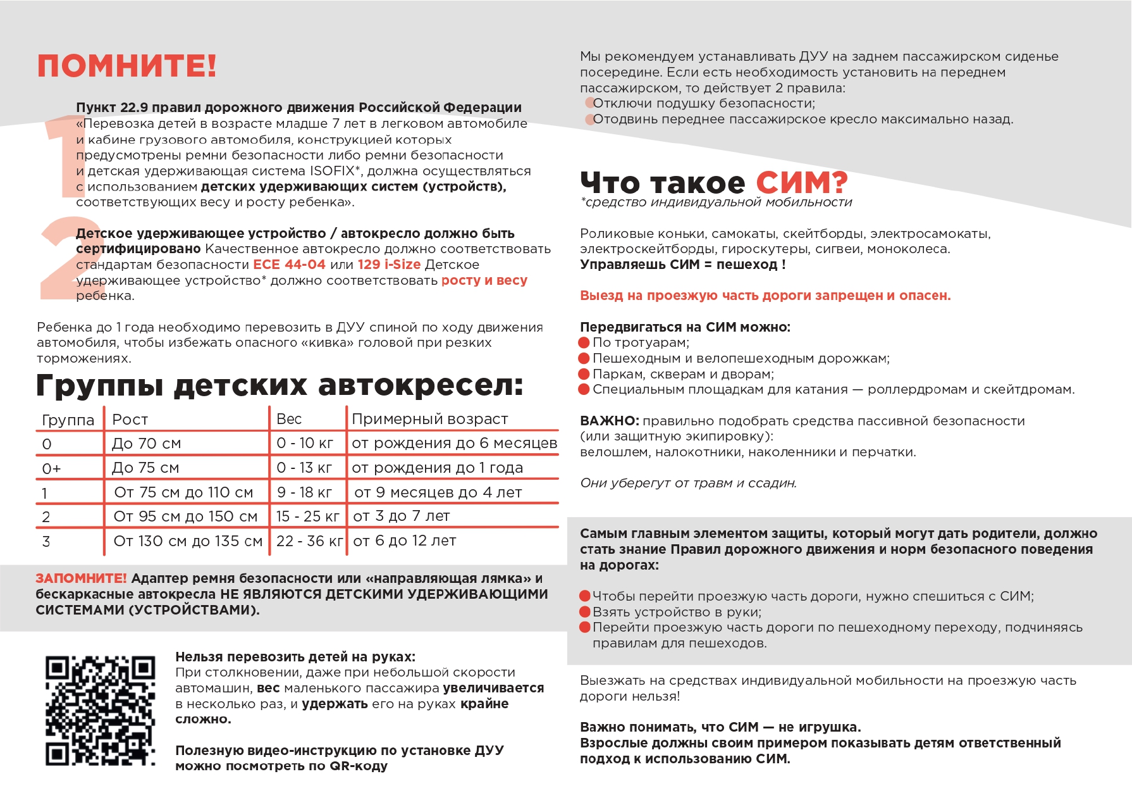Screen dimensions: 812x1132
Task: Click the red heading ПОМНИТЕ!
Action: (126, 66)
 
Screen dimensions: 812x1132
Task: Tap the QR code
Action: (100, 710)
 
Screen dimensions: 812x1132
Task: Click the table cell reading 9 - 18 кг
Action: (304, 492)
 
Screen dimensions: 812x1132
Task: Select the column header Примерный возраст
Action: (429, 419)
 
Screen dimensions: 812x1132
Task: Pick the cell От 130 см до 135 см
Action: (188, 541)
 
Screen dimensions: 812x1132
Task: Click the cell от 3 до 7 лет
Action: (402, 516)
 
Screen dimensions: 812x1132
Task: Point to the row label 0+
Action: (51, 468)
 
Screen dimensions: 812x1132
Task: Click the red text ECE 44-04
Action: (289, 265)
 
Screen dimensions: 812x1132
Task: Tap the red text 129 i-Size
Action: (389, 265)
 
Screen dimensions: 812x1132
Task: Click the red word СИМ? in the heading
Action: (801, 183)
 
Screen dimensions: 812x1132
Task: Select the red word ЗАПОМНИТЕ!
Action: (81, 578)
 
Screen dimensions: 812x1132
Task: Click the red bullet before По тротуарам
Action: (584, 343)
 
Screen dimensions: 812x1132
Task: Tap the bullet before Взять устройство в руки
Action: (585, 612)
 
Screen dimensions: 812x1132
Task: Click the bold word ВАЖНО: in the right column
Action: (610, 421)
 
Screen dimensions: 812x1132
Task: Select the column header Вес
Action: (289, 419)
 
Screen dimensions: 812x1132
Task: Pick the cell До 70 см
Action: (146, 444)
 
